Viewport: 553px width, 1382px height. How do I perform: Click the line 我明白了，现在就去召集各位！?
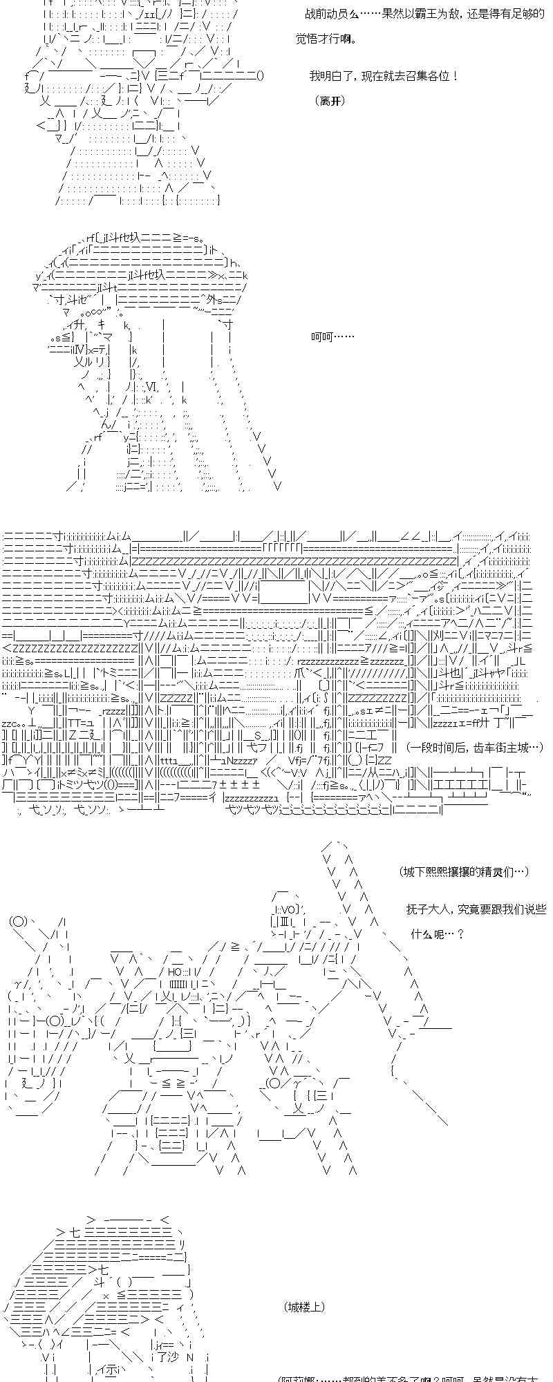point(384,76)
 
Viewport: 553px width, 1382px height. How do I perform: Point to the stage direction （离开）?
point(330,101)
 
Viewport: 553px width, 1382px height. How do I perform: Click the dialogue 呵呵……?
point(332,337)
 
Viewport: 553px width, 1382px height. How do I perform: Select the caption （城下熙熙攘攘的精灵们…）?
point(465,872)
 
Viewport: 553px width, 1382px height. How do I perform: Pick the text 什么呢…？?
point(438,934)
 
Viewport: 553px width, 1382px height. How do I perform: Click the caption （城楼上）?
point(304,1307)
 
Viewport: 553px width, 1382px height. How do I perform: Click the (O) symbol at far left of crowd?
point(19,921)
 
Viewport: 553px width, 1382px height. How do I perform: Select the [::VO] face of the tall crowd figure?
point(285,909)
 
